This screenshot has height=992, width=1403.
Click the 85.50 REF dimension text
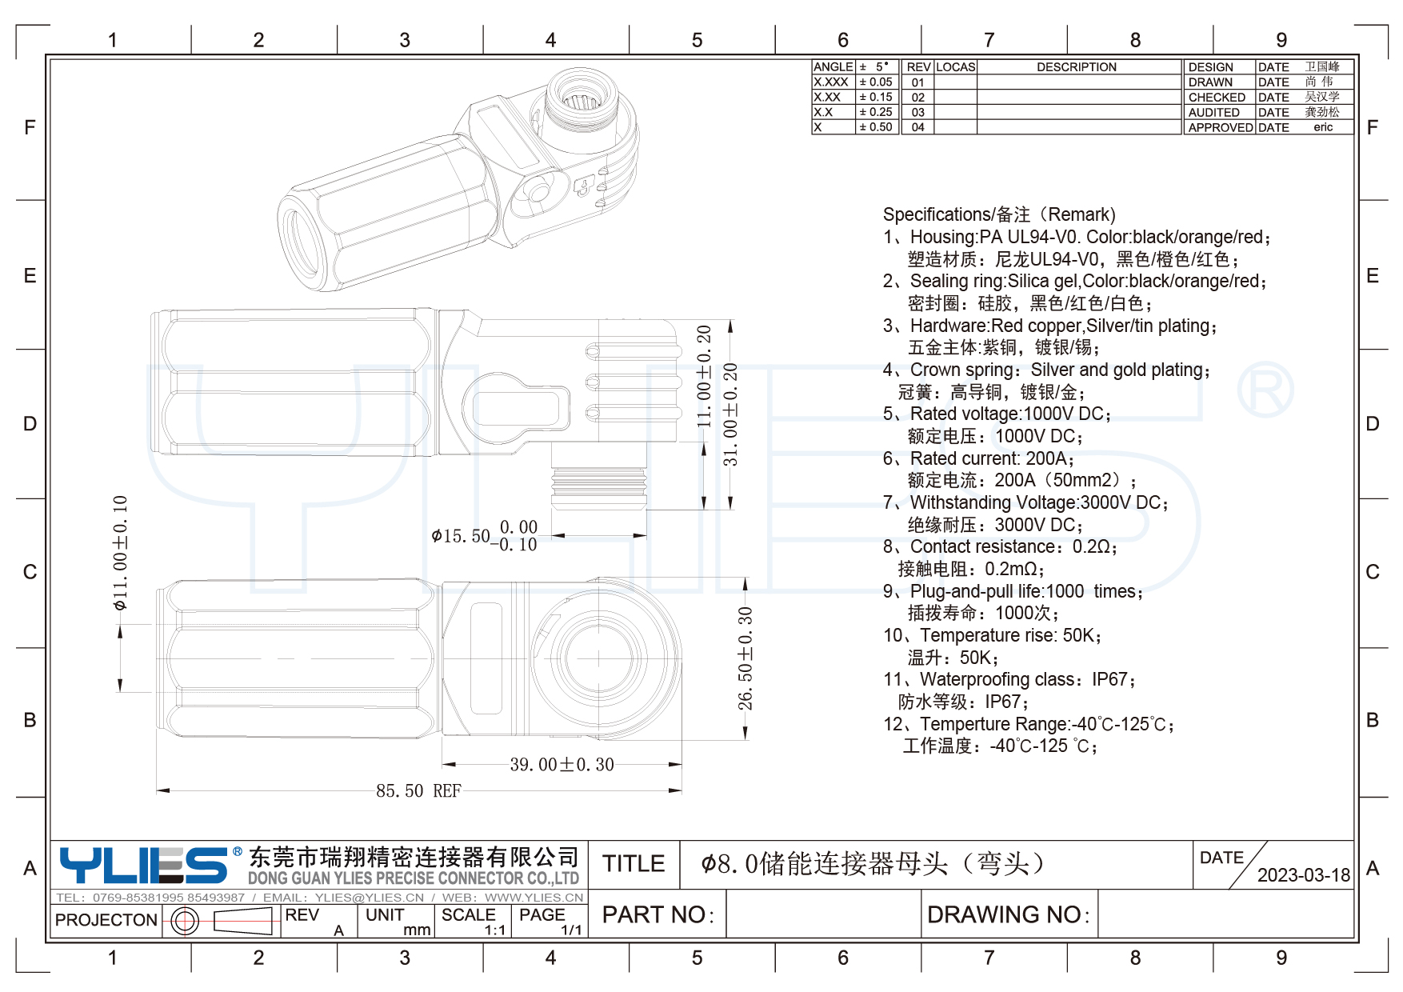(418, 791)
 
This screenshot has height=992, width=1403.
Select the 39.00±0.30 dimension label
(562, 765)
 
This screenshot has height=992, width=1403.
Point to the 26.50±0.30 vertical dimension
(745, 658)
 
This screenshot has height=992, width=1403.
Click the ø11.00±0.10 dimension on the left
(121, 553)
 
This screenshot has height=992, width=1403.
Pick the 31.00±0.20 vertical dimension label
(730, 414)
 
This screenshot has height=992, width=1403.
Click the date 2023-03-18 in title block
(1303, 875)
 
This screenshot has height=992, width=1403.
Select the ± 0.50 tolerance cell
(876, 127)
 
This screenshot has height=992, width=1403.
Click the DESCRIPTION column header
(1077, 67)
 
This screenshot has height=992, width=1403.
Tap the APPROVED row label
(1219, 128)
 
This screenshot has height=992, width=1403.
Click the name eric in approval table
(1323, 128)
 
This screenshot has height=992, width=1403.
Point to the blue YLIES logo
(144, 865)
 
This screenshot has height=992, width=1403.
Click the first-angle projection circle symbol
(185, 921)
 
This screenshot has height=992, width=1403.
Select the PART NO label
(658, 914)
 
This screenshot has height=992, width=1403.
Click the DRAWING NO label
(1008, 914)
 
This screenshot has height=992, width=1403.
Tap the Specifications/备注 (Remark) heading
(999, 214)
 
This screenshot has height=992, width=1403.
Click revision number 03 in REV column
(917, 113)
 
